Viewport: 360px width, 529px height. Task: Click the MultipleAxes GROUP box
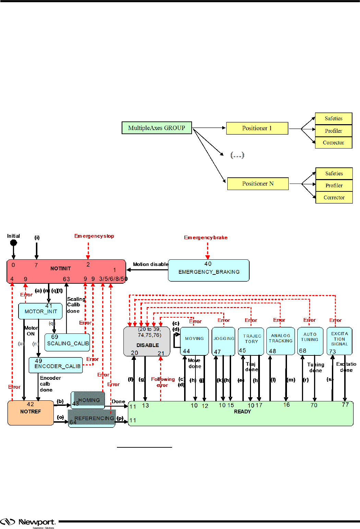tap(157, 128)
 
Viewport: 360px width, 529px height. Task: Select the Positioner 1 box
tap(257, 128)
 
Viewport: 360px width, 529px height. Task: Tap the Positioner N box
tap(258, 184)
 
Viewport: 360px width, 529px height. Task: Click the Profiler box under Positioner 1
tap(334, 131)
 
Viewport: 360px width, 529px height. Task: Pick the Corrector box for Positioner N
tap(334, 198)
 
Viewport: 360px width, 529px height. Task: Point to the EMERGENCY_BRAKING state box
tap(209, 270)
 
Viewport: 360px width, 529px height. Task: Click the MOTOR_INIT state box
tap(40, 311)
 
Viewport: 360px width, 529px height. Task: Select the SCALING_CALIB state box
tap(68, 342)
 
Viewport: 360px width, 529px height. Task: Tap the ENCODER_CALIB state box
tap(56, 365)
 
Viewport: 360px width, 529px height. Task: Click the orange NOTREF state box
tap(31, 413)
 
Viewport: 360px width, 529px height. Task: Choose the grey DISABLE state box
tap(147, 342)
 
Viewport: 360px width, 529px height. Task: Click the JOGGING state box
tap(224, 341)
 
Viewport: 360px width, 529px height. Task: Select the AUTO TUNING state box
tap(310, 341)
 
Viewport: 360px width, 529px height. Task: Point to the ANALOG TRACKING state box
tap(280, 341)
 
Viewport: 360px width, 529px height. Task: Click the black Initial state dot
tap(14, 243)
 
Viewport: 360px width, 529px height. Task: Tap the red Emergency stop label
tap(94, 236)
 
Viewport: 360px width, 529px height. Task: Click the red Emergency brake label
tap(206, 237)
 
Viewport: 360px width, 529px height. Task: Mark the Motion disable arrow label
tap(151, 264)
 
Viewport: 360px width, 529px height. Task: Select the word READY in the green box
tap(242, 412)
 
